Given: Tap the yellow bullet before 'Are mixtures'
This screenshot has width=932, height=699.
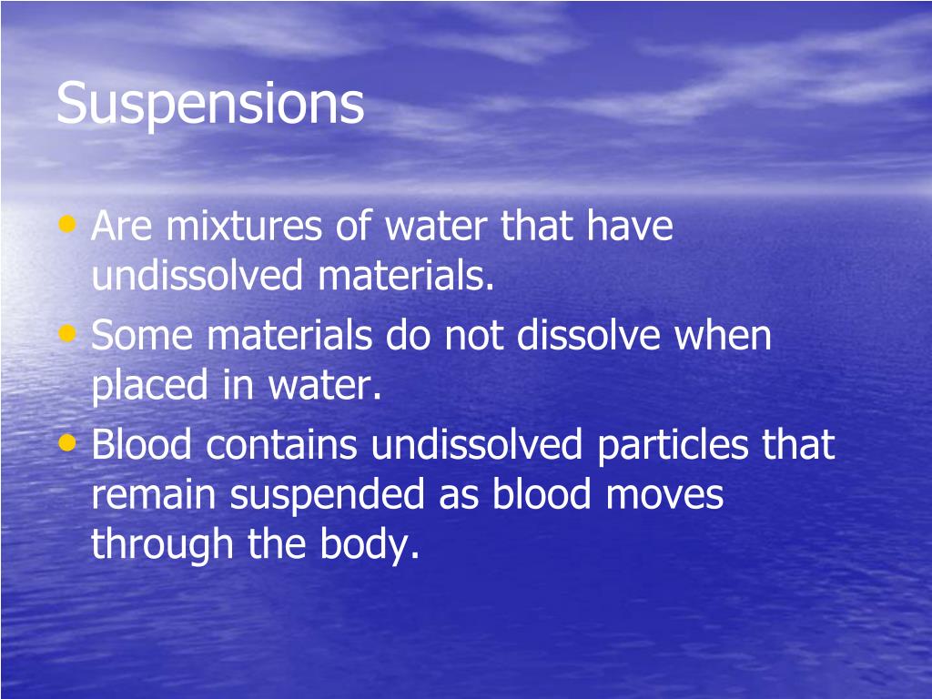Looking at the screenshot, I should click(x=66, y=223).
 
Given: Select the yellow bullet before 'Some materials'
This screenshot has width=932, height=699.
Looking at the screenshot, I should click(x=66, y=333).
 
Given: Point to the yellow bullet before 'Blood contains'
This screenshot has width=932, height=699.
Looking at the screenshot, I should click(x=66, y=442).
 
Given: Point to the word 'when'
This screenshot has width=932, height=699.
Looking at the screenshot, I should click(x=724, y=337).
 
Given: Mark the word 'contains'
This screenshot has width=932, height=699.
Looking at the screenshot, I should click(x=284, y=446).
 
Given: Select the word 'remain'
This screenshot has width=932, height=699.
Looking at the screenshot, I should click(x=154, y=497).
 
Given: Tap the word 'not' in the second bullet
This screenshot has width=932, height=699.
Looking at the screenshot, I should click(x=477, y=337).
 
